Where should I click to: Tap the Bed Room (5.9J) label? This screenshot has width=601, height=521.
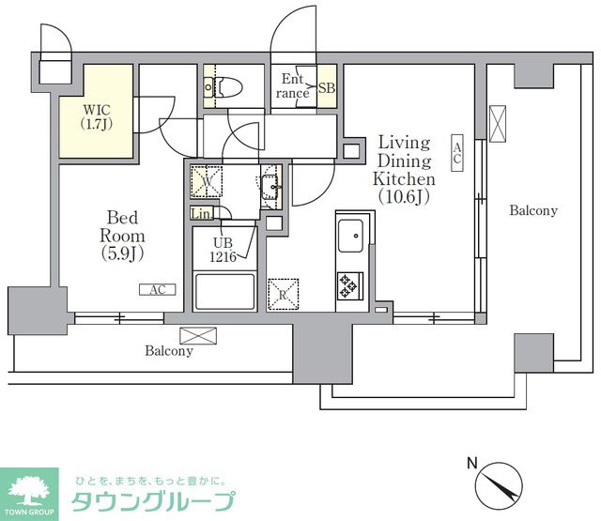click(x=121, y=235)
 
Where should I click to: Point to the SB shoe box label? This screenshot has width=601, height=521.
click(x=326, y=88)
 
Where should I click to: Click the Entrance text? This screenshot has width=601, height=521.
click(x=293, y=87)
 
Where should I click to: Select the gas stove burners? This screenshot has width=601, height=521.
click(x=349, y=285)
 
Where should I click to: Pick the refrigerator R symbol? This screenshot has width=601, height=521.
click(x=284, y=294)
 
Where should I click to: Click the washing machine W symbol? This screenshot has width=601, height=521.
click(x=204, y=178)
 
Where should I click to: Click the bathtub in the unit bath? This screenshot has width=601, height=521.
click(x=224, y=291)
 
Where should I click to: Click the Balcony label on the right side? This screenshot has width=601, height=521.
click(x=532, y=211)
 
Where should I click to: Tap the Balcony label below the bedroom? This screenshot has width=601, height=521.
click(x=169, y=351)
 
